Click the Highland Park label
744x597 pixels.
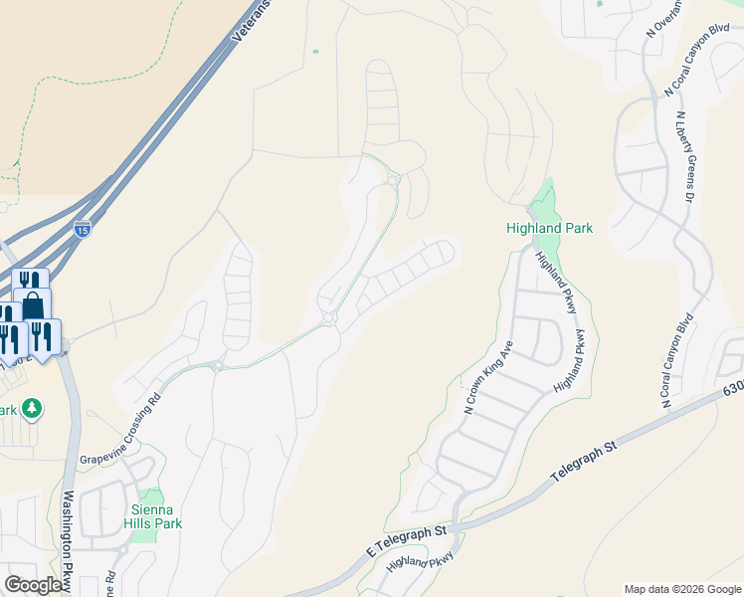pyautogui.click(x=550, y=228)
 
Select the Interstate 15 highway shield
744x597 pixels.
pyautogui.click(x=83, y=229)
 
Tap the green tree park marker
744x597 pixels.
pyautogui.click(x=32, y=408)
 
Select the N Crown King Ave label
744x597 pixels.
pyautogui.click(x=487, y=379)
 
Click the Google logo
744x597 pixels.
pyautogui.click(x=34, y=584)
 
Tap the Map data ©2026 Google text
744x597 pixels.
pyautogui.click(x=682, y=589)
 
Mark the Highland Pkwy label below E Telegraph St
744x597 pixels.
pyautogui.click(x=420, y=562)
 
